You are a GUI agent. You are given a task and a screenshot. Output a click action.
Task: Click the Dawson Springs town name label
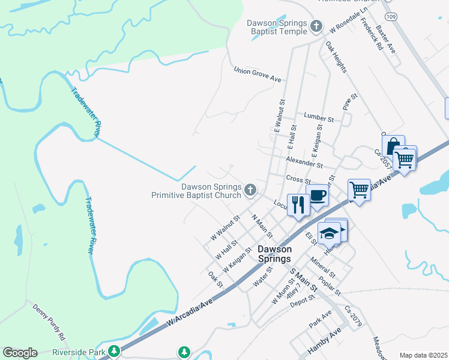pos(274,254)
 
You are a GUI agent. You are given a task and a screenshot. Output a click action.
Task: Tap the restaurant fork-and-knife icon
pos(298,205)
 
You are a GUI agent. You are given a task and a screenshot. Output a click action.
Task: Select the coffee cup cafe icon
pos(317,195)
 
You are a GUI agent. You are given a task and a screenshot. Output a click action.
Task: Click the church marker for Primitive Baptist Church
pos(250,191)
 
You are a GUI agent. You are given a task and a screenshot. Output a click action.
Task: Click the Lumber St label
pos(318,116)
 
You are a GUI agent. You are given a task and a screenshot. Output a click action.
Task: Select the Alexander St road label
pos(304,163)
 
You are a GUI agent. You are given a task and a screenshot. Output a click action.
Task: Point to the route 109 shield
pos(391,16)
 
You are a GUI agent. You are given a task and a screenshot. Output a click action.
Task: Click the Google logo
pos(20,353)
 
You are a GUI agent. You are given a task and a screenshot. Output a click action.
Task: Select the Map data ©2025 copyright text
pos(423,355)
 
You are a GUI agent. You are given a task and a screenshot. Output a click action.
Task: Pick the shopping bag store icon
pos(393,146)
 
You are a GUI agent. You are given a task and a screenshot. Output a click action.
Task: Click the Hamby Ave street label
pos(324,343)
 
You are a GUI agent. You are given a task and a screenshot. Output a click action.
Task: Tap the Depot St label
pos(303,299)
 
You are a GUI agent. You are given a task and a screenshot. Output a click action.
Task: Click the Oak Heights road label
pos(336,57)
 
